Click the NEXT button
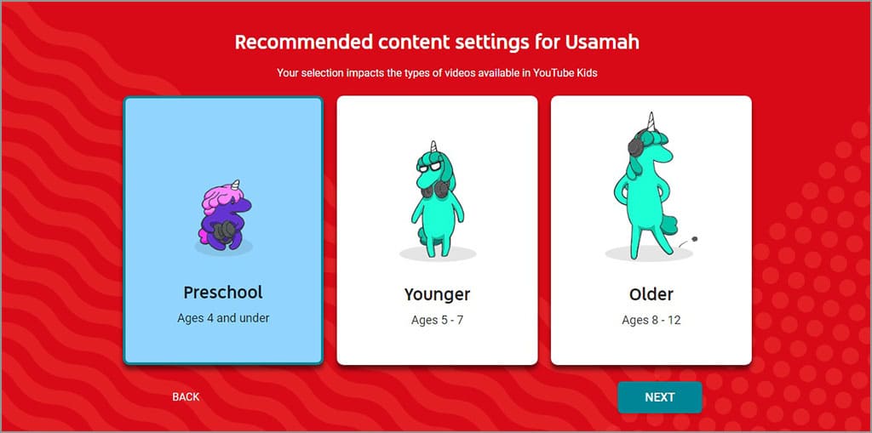coord(659,397)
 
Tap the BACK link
coord(186,397)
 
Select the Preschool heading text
coord(223,293)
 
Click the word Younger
coord(437,295)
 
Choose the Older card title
coord(651,295)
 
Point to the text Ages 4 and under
coord(223,318)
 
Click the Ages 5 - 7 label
coord(437,321)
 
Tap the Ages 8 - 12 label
coord(651,321)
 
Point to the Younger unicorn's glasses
coord(428,167)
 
